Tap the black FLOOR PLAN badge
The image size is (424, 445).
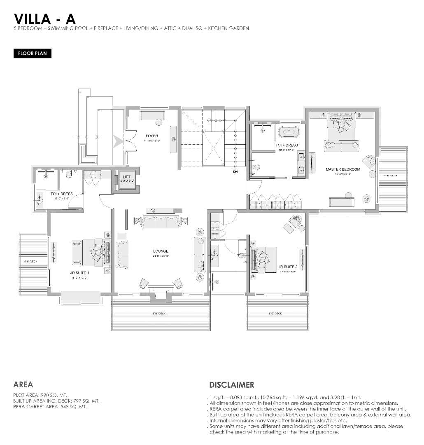click(x=33, y=54)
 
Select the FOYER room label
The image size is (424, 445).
click(x=151, y=136)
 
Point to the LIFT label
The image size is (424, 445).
click(x=126, y=177)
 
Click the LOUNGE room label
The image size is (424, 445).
click(x=160, y=251)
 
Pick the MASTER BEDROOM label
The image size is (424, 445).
click(x=342, y=169)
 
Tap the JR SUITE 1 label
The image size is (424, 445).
click(x=79, y=273)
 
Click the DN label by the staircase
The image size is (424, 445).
click(x=235, y=172)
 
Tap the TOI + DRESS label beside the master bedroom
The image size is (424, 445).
click(x=287, y=145)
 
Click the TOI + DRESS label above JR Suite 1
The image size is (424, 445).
click(x=62, y=194)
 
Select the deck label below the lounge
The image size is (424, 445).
click(x=159, y=314)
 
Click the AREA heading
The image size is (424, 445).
click(x=23, y=384)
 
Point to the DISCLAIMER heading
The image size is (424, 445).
click(x=232, y=385)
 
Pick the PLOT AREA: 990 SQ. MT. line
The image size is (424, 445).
click(x=40, y=395)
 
